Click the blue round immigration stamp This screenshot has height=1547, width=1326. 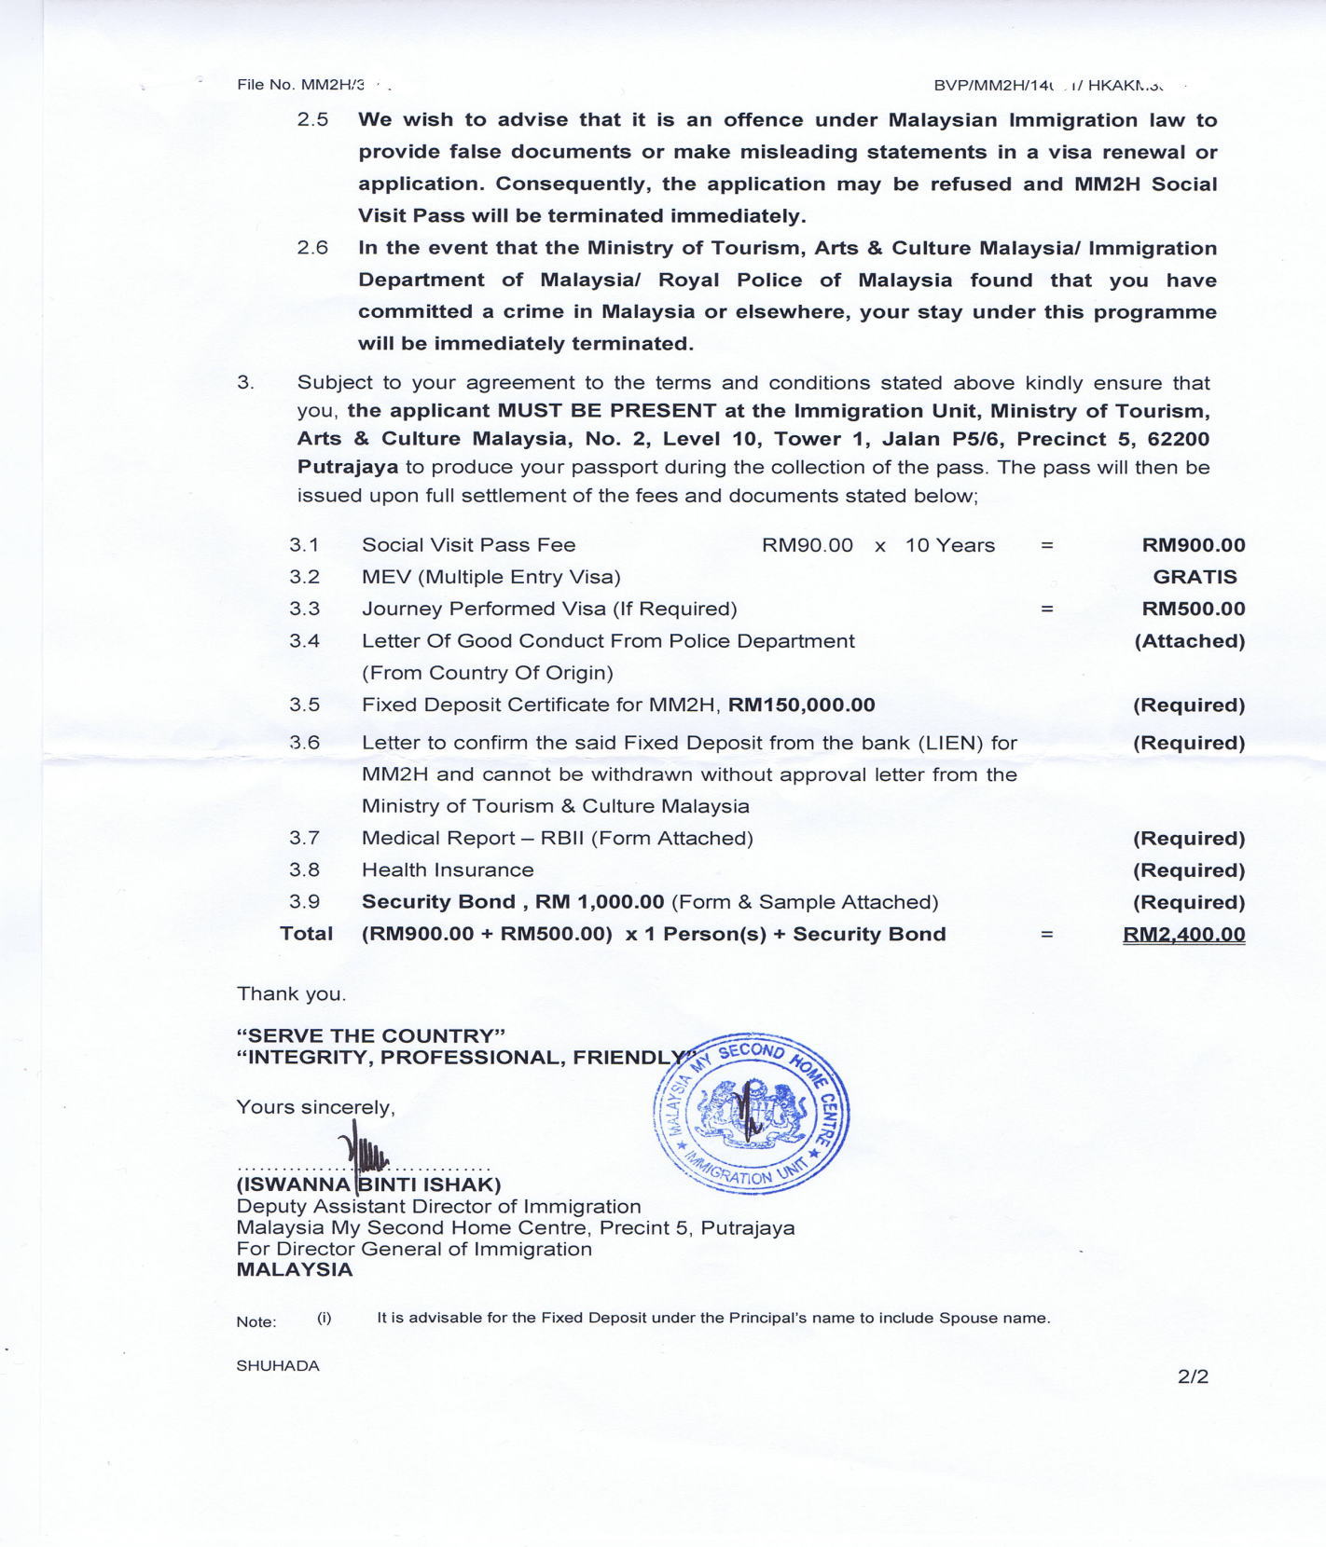752,1115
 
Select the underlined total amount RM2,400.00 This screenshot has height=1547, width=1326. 1183,935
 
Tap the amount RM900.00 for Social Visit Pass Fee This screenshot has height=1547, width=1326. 1193,545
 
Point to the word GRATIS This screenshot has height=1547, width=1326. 1195,577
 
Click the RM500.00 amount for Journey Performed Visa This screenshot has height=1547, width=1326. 1193,609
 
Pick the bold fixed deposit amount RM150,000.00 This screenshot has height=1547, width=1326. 801,705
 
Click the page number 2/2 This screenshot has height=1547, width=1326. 1193,1376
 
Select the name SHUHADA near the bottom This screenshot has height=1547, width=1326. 278,1366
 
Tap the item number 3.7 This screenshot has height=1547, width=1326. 304,838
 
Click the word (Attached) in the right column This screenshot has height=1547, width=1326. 1189,641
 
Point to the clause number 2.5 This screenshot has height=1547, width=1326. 312,120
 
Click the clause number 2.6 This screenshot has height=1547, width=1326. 312,248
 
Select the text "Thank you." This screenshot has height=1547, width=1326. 291,993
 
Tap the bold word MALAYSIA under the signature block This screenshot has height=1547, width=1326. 295,1269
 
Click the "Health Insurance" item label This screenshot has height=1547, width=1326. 448,869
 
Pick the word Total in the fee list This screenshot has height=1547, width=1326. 306,934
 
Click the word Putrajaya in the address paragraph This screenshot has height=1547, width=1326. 348,467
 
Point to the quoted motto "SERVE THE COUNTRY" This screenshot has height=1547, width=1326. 371,1035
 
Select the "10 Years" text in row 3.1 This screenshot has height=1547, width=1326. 949,545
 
